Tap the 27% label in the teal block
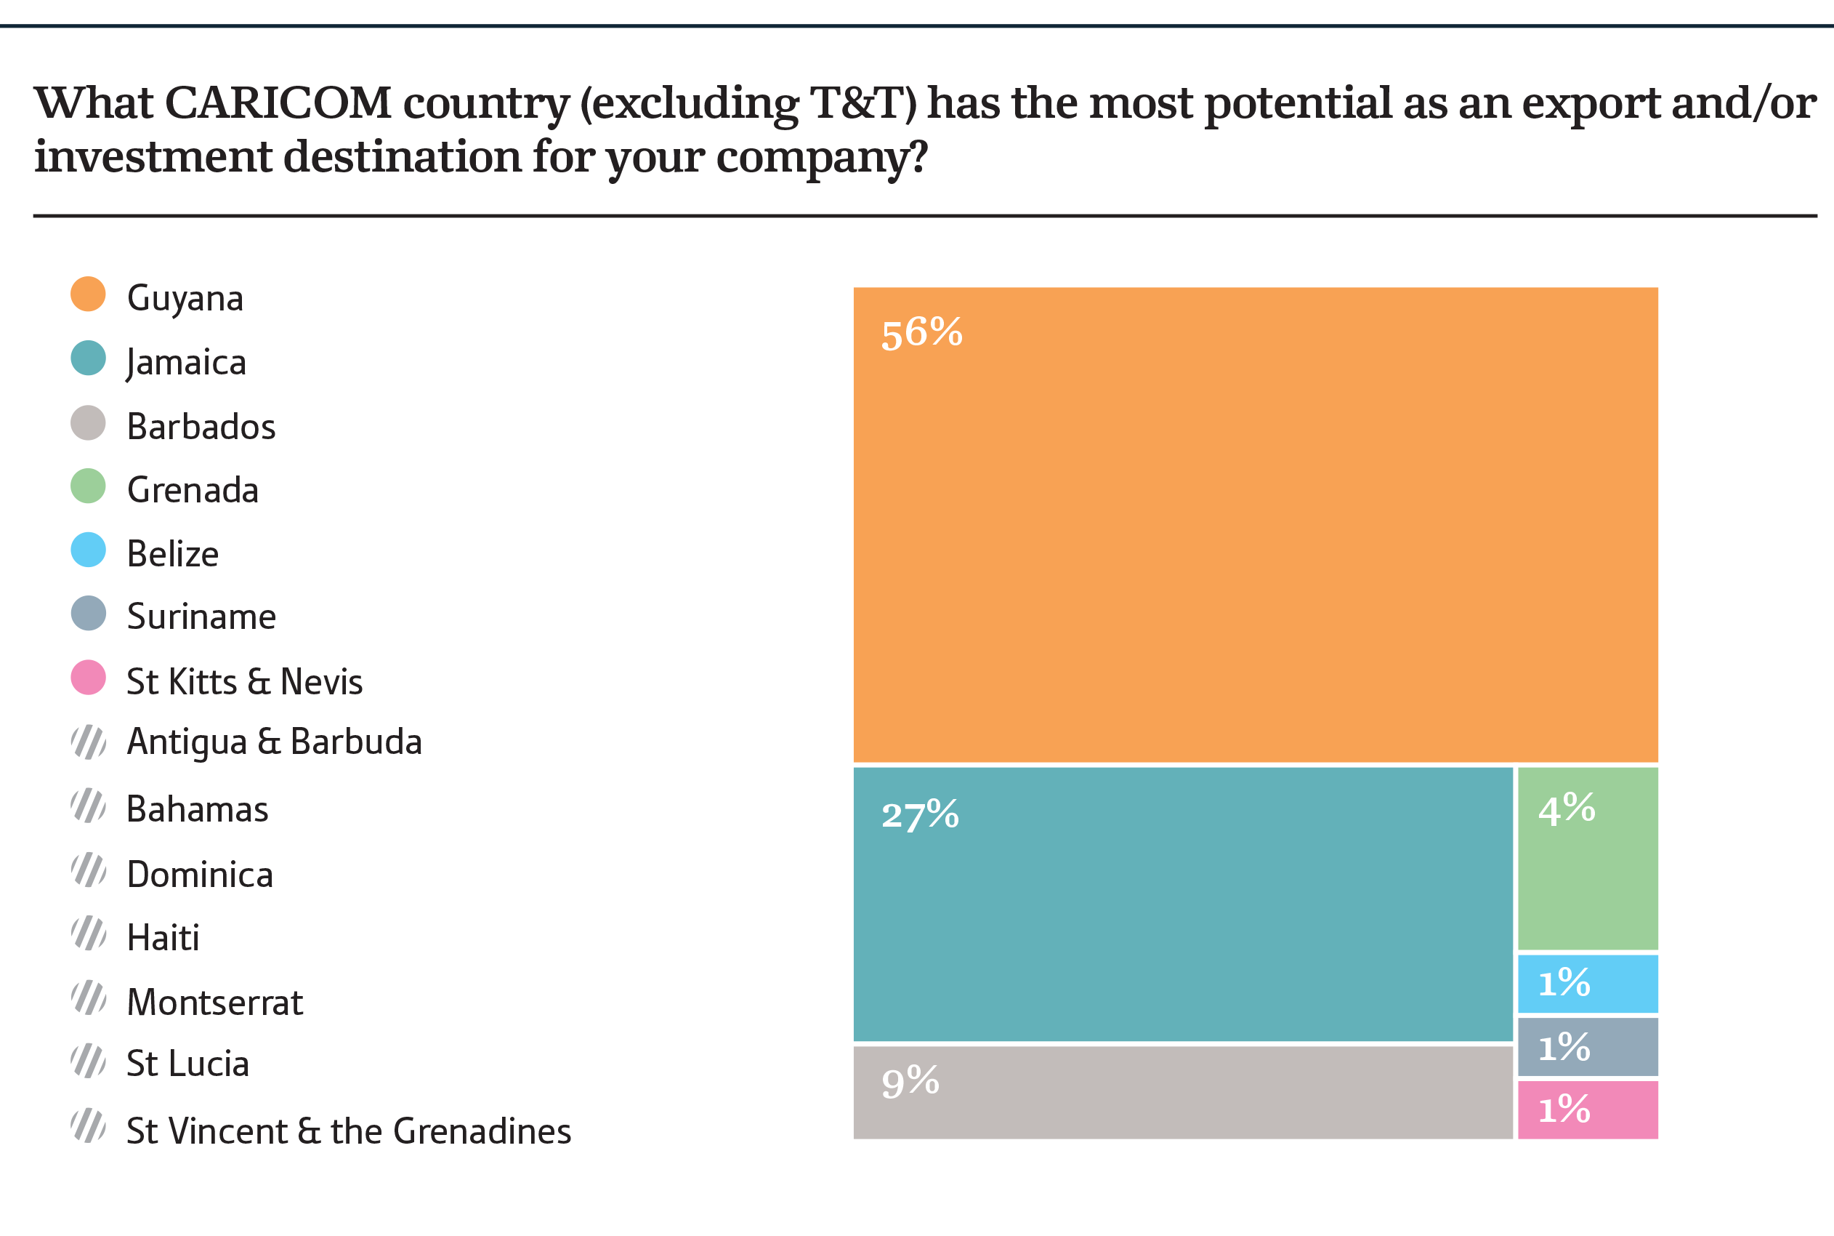click(x=919, y=815)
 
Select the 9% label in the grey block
click(x=910, y=1082)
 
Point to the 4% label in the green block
click(x=1567, y=809)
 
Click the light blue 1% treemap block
click(x=1588, y=984)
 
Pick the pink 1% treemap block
click(x=1588, y=1110)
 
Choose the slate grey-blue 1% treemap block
click(x=1588, y=1048)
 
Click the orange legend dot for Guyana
click(x=88, y=294)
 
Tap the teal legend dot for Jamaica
click(x=88, y=358)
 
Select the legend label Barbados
click(x=201, y=427)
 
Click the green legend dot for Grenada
click(x=88, y=486)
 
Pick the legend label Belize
click(x=172, y=554)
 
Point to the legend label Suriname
click(x=201, y=617)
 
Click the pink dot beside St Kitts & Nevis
click(x=88, y=677)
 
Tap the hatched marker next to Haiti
click(x=88, y=934)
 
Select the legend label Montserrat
click(x=214, y=1003)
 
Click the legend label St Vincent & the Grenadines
click(x=348, y=1131)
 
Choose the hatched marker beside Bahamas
click(x=88, y=806)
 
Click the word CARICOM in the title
click(x=278, y=103)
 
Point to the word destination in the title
click(x=402, y=156)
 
